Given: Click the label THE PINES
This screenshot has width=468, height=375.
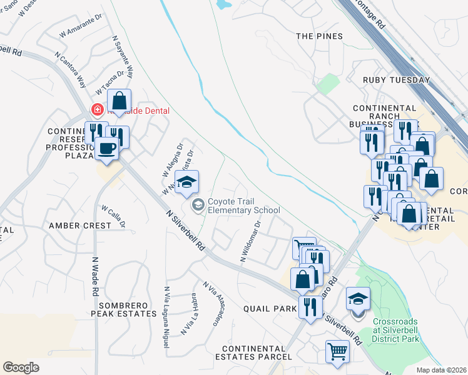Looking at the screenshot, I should tap(319, 36).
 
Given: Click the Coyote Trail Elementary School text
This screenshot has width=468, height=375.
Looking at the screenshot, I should tap(243, 206).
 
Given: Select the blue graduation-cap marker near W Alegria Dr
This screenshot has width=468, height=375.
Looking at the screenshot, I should tap(186, 182).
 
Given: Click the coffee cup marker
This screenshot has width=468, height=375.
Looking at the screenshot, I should tap(106, 149).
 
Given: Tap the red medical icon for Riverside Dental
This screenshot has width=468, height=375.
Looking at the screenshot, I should tap(97, 109).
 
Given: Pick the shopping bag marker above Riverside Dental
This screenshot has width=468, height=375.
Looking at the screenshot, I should tap(119, 101).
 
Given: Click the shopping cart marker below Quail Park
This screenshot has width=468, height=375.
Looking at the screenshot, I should tap(337, 351).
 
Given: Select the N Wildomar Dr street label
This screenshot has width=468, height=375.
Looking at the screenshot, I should tap(250, 241).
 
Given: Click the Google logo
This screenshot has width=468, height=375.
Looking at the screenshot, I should tap(21, 367).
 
